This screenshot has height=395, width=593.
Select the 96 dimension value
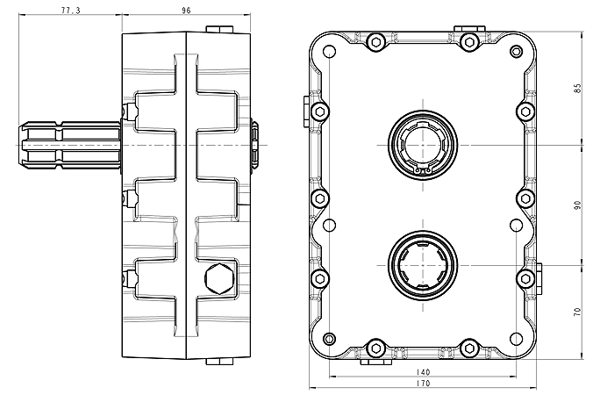(186, 10)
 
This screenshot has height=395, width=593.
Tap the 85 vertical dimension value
(576, 89)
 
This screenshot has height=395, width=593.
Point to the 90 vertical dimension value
(576, 204)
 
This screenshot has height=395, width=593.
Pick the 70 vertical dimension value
(576, 311)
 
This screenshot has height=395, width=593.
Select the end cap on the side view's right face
(254, 144)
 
